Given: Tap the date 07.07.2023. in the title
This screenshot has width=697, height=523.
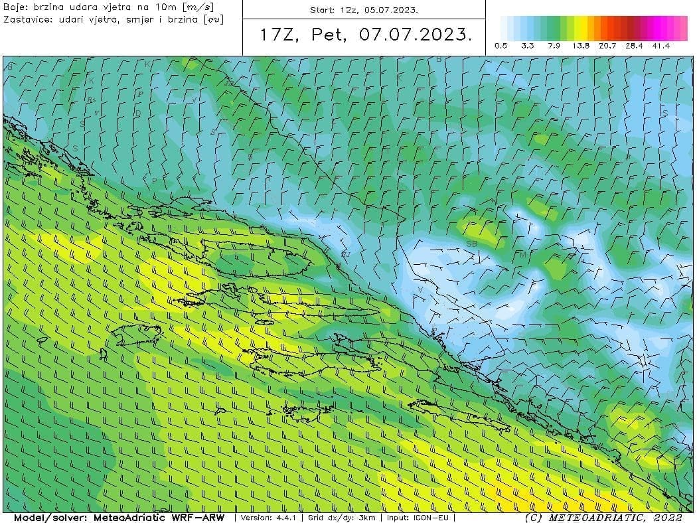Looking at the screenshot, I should point(416,35).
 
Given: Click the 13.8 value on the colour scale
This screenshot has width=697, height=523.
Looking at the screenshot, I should point(581,46).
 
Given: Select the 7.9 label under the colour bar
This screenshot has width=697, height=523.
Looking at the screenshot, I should point(554,46).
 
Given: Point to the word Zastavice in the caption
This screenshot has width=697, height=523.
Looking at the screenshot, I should point(27,19).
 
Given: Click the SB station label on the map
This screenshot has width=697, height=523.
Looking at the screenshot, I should point(472,244).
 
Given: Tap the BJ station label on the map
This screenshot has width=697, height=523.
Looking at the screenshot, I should point(345,254).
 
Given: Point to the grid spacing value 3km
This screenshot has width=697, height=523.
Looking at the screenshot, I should point(367,518).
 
